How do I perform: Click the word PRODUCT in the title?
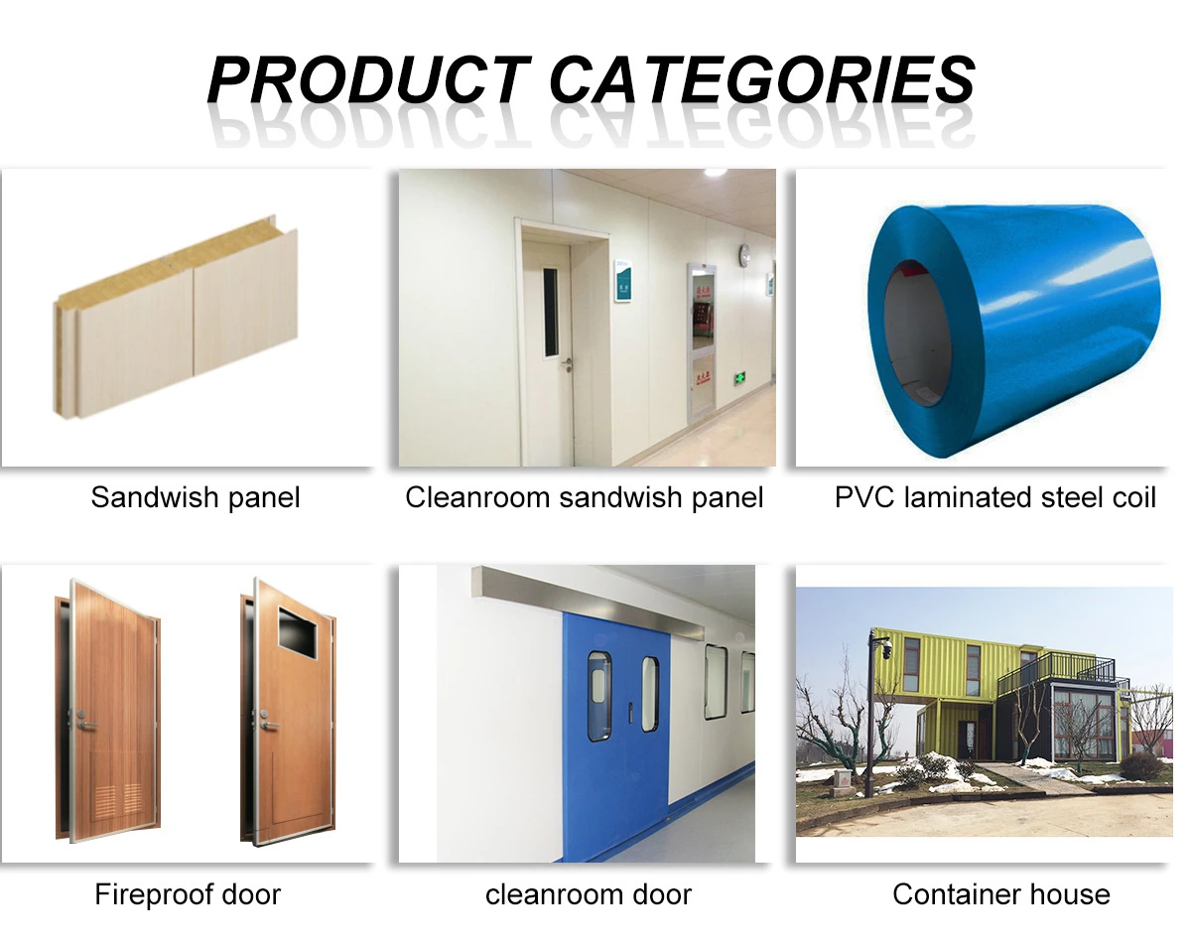[369, 79]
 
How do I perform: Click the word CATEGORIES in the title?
[762, 79]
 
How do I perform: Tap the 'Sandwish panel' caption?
[196, 497]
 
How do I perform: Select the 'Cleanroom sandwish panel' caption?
[584, 497]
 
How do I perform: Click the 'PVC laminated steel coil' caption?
[995, 497]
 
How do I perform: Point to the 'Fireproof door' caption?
[188, 894]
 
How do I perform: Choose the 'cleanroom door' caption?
[589, 894]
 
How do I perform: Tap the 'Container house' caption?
[1001, 894]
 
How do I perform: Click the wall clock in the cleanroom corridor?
[745, 254]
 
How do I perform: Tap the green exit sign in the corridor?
[739, 379]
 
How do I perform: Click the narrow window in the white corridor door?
[551, 313]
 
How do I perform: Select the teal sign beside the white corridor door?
[623, 280]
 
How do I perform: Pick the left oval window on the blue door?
[598, 696]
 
